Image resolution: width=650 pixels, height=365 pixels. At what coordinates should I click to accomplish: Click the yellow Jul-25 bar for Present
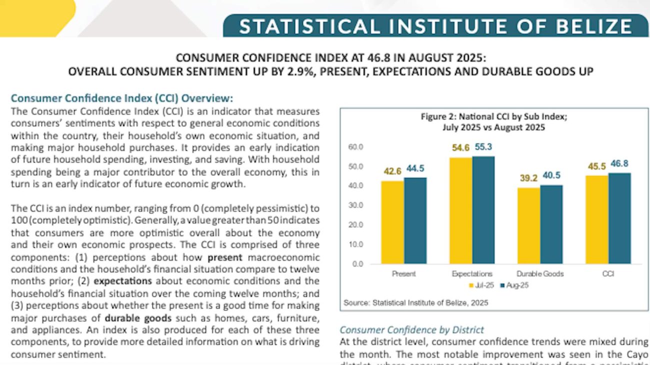(392, 222)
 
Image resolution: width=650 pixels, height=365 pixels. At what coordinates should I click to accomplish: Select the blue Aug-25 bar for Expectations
(483, 210)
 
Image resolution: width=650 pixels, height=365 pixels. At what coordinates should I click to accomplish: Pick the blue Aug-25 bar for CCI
(619, 218)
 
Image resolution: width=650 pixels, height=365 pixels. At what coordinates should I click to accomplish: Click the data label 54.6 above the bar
(460, 148)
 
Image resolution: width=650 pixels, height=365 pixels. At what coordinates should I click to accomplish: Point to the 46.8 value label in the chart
(619, 163)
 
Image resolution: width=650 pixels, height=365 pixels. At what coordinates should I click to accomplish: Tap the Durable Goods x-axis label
(540, 274)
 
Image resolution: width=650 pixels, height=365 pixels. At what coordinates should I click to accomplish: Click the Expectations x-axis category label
(472, 274)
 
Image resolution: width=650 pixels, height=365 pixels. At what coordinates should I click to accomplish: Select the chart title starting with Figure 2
(493, 122)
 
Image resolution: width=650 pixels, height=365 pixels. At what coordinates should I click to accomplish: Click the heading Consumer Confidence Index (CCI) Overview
(122, 98)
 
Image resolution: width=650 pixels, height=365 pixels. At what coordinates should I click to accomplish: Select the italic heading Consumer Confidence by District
(411, 330)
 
